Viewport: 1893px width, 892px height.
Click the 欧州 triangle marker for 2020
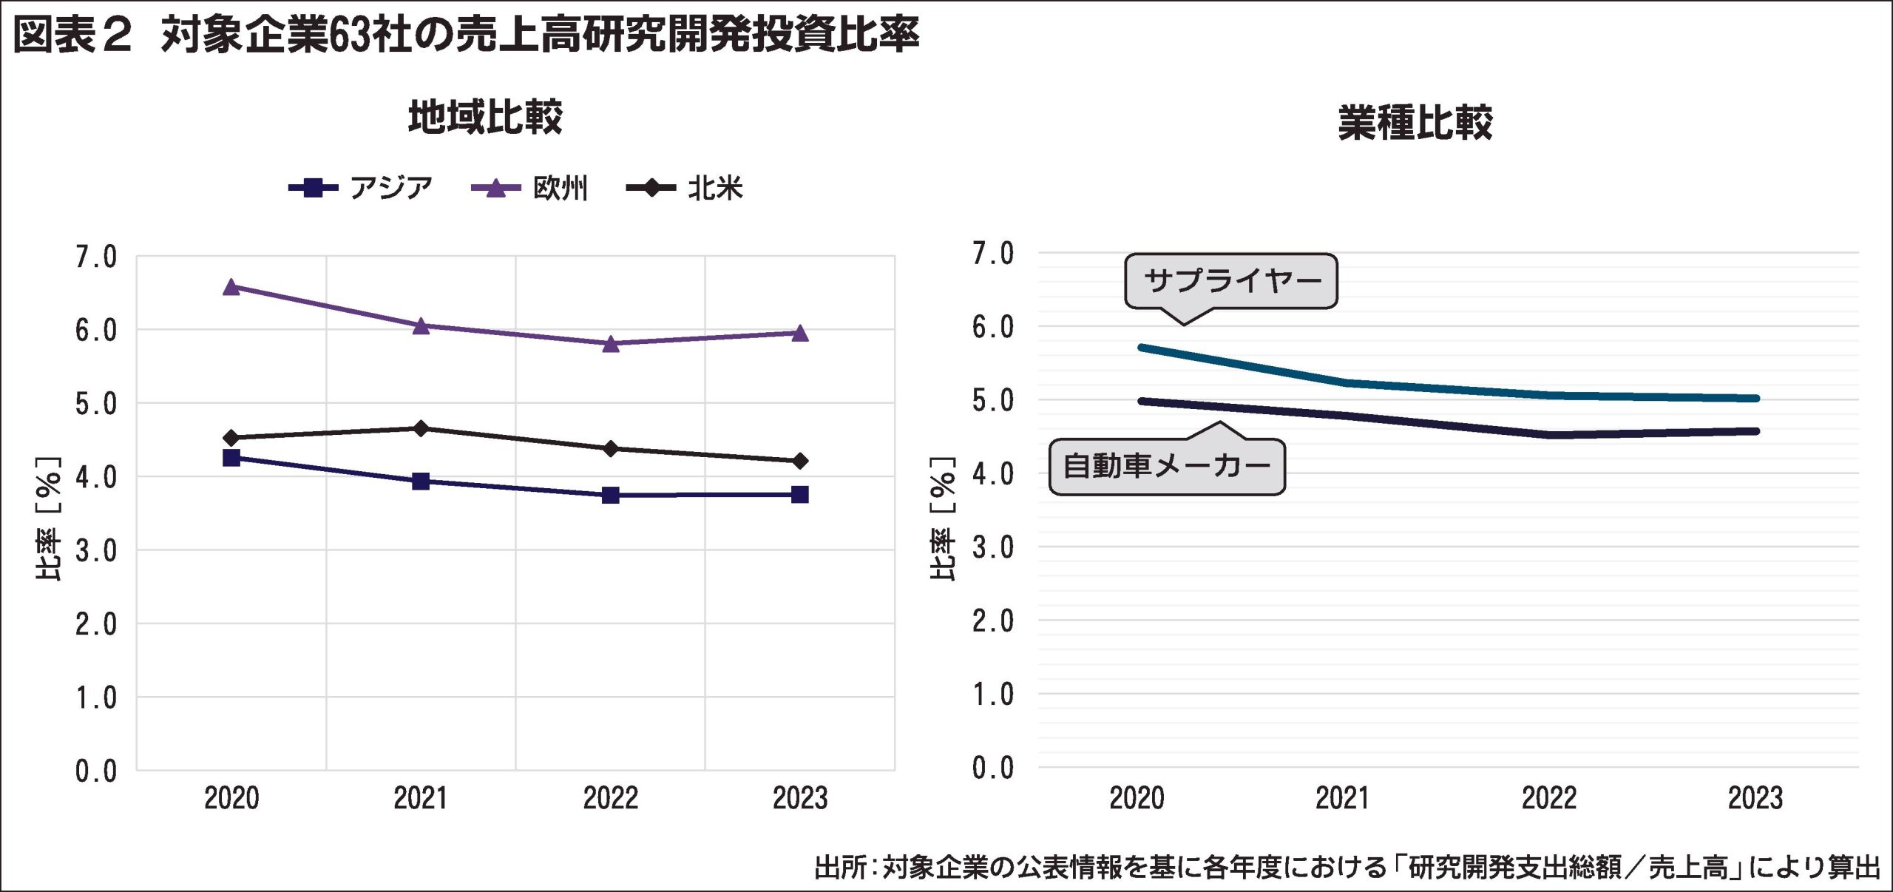coord(231,287)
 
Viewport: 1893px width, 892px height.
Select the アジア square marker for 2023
coord(799,494)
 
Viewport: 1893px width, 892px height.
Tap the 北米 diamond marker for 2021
coord(421,428)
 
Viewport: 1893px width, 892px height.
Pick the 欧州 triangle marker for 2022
coord(610,343)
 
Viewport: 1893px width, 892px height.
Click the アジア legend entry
coord(361,188)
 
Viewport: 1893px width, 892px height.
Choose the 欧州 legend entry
coord(530,188)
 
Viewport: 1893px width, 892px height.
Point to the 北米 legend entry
coord(685,188)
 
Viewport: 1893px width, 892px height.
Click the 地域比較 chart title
coord(485,117)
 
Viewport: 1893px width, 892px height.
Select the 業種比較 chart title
coord(1415,123)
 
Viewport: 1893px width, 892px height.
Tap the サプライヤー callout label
coord(1231,281)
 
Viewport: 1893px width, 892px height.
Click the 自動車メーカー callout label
coord(1167,467)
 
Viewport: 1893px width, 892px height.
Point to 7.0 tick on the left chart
coord(96,257)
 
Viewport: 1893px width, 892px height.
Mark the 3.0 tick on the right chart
coord(992,548)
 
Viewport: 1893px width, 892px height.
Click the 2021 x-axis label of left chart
coord(420,799)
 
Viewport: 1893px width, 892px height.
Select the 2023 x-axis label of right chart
coord(1755,799)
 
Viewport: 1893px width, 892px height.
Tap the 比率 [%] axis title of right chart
coord(942,518)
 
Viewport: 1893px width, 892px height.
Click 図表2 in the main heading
coord(72,35)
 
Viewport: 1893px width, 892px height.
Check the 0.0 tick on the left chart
coord(96,771)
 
